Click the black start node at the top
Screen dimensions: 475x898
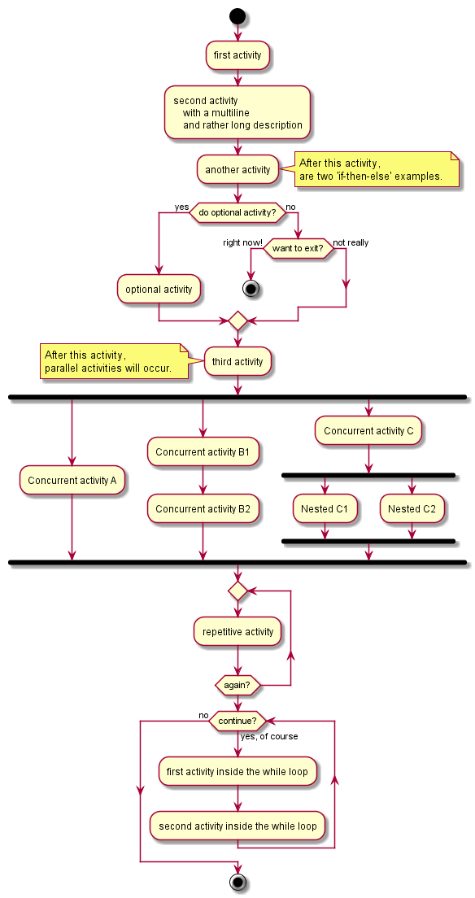pyautogui.click(x=237, y=15)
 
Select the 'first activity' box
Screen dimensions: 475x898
pyautogui.click(x=237, y=55)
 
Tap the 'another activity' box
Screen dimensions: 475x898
pyautogui.click(x=237, y=169)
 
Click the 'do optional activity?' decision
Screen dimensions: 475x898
pyautogui.click(x=237, y=212)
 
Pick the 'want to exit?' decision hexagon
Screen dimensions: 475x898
pyautogui.click(x=298, y=249)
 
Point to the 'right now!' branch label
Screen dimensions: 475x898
pyautogui.click(x=242, y=243)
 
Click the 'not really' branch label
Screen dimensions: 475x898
pyautogui.click(x=351, y=243)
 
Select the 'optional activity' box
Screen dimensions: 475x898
pyautogui.click(x=159, y=290)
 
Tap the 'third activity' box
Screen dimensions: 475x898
pyautogui.click(x=237, y=361)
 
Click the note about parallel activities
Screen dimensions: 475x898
pyautogui.click(x=114, y=361)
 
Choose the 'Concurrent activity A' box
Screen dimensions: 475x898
pyautogui.click(x=72, y=481)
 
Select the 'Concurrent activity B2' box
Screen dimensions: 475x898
pyautogui.click(x=203, y=508)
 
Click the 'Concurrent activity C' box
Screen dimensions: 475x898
pyautogui.click(x=368, y=430)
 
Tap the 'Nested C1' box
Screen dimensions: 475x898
pyautogui.click(x=325, y=508)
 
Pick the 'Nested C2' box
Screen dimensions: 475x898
pyautogui.click(x=412, y=508)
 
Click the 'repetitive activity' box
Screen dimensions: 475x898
pyautogui.click(x=237, y=632)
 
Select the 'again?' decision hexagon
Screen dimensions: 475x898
pyautogui.click(x=237, y=684)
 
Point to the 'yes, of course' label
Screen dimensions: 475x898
pyautogui.click(x=269, y=736)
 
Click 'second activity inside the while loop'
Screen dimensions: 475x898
pyautogui.click(x=237, y=826)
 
